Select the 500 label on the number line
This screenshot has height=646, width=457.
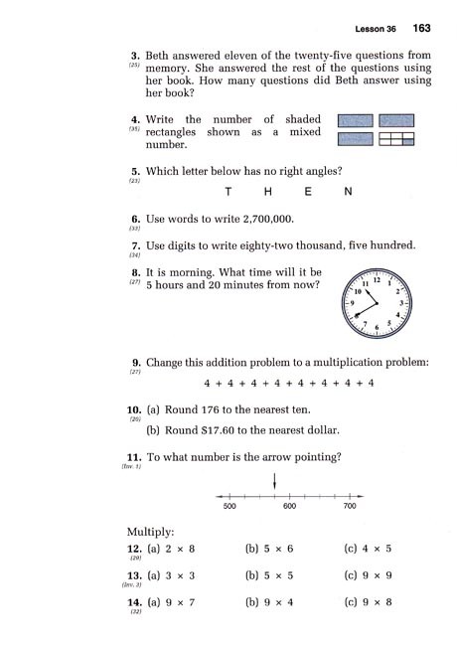[228, 507]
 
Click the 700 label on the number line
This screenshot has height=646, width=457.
[350, 507]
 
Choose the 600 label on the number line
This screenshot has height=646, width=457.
[289, 507]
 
